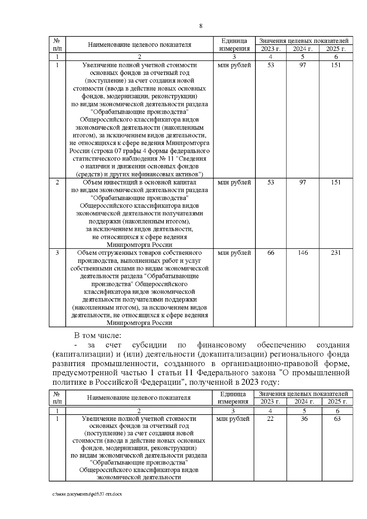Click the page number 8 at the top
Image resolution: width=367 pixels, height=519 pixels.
[x=201, y=26]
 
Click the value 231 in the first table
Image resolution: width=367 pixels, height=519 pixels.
[x=335, y=253]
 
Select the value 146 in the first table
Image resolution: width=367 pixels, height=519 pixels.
[x=302, y=253]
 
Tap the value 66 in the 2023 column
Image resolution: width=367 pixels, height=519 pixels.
[x=271, y=253]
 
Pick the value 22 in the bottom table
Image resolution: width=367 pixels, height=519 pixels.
[x=270, y=419]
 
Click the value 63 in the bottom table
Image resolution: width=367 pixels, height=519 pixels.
[x=337, y=419]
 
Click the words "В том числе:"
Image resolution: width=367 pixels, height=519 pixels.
[x=98, y=335]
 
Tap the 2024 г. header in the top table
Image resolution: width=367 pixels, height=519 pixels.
[x=302, y=49]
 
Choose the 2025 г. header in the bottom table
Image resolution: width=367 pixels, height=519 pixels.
[x=337, y=402]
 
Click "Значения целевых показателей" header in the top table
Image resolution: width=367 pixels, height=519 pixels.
[x=304, y=41]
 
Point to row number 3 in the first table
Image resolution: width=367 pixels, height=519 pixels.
[x=57, y=253]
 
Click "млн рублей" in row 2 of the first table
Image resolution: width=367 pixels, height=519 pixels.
[x=234, y=182]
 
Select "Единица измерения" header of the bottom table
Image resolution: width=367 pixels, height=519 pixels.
[x=233, y=398]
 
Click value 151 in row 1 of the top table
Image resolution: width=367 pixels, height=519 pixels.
[x=335, y=65]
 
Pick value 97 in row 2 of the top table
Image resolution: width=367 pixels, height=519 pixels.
[x=302, y=182]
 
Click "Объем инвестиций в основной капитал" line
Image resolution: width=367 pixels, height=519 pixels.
[x=139, y=182]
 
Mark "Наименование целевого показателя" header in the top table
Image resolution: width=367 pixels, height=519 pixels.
[x=139, y=45]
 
